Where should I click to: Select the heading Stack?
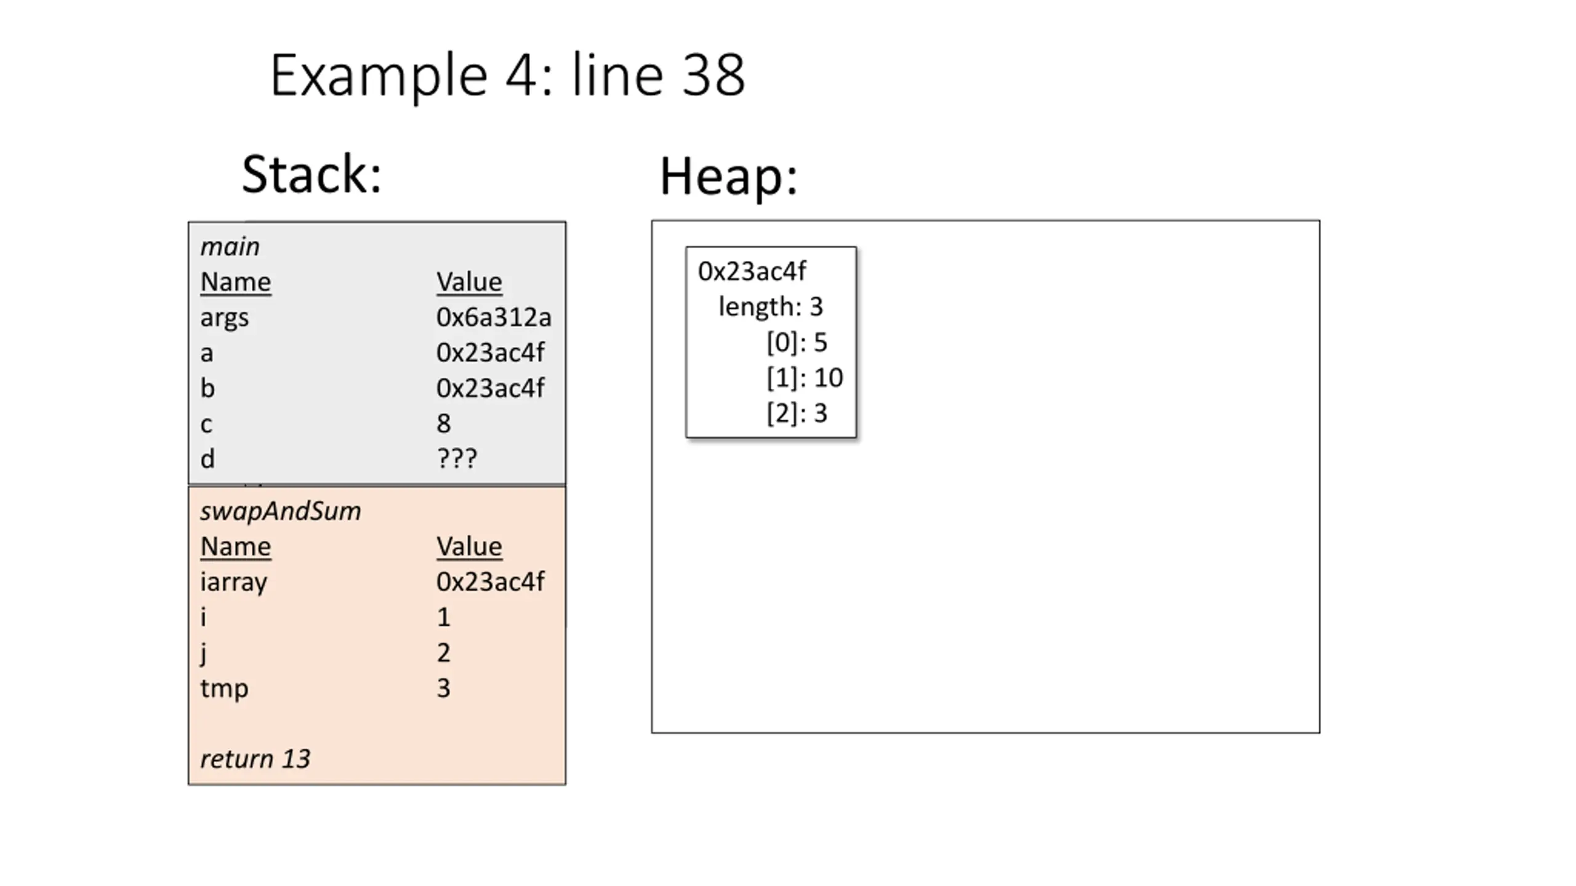pyautogui.click(x=312, y=174)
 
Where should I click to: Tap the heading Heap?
pyautogui.click(x=729, y=176)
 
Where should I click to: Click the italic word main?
pyautogui.click(x=230, y=247)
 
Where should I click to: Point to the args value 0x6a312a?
pyautogui.click(x=494, y=317)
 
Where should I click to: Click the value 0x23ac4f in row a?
pyautogui.click(x=490, y=353)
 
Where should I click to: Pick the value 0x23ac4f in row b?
pyautogui.click(x=490, y=388)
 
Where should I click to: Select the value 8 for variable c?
pyautogui.click(x=443, y=423)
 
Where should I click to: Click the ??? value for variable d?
pyautogui.click(x=457, y=458)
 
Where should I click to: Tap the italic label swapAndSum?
pyautogui.click(x=281, y=512)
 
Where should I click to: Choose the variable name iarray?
pyautogui.click(x=234, y=582)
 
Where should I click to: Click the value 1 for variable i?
pyautogui.click(x=443, y=617)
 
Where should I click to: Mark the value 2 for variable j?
pyautogui.click(x=443, y=652)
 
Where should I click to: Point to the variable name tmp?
pyautogui.click(x=224, y=688)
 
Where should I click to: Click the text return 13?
pyautogui.click(x=255, y=759)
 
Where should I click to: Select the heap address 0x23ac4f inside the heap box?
pyautogui.click(x=752, y=271)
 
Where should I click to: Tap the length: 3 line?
pyautogui.click(x=771, y=306)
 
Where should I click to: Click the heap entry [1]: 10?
pyautogui.click(x=805, y=378)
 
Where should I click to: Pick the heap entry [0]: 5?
pyautogui.click(x=797, y=343)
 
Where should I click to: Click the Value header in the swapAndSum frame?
pyautogui.click(x=469, y=546)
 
